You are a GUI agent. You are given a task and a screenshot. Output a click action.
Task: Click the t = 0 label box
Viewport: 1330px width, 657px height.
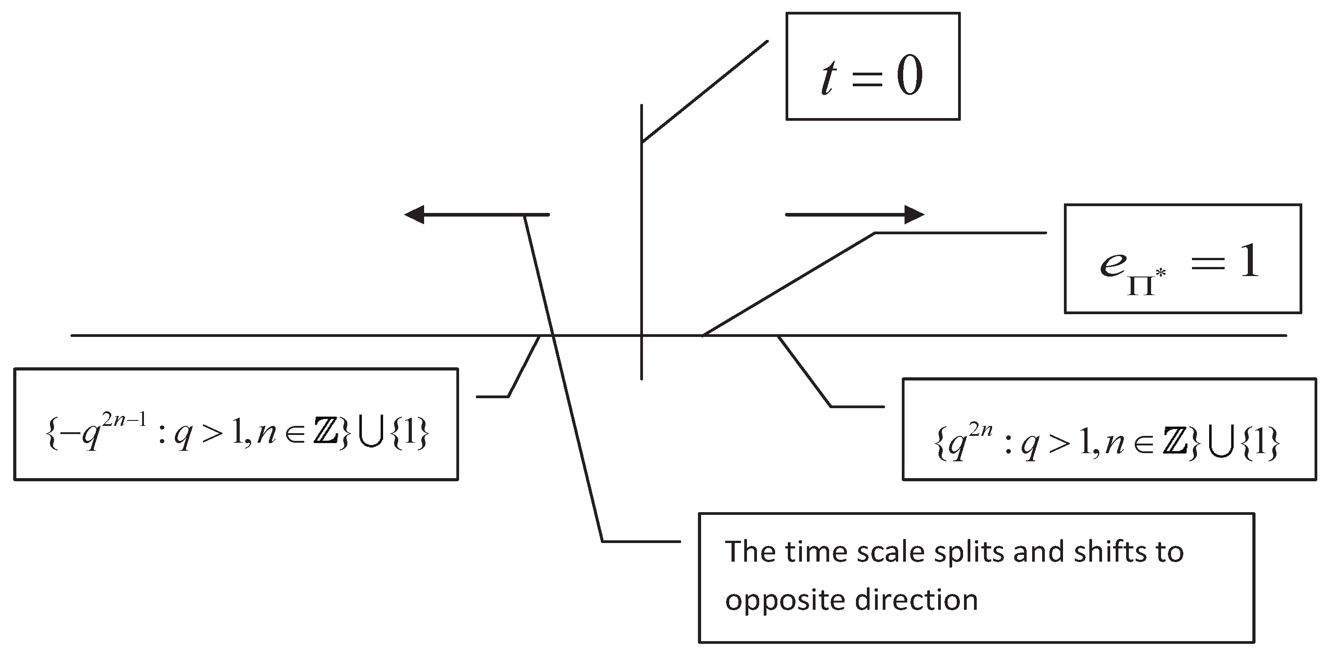873,66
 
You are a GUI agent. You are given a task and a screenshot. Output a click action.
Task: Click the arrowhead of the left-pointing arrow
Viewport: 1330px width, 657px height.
414,214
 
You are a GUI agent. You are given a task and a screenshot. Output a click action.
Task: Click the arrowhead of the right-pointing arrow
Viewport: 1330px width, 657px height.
915,214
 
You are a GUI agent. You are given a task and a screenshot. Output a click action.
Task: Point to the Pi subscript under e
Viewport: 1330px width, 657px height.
1141,284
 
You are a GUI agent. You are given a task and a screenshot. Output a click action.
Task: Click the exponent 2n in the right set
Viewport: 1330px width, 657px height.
980,430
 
